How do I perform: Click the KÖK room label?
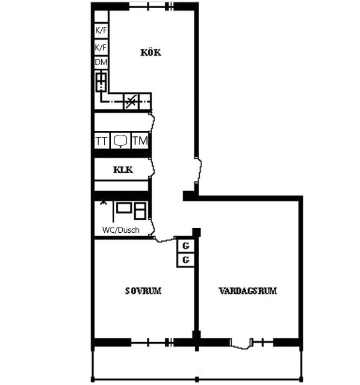click(150, 52)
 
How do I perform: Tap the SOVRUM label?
click(143, 291)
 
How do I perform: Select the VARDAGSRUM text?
click(248, 291)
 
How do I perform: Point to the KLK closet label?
click(123, 170)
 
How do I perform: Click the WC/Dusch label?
click(121, 230)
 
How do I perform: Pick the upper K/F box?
click(101, 30)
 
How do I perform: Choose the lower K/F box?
click(101, 47)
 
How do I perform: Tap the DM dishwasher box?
click(101, 62)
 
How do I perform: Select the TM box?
click(140, 141)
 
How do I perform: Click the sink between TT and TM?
click(121, 141)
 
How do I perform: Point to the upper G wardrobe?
click(186, 246)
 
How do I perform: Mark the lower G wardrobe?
click(186, 260)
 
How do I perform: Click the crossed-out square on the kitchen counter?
click(130, 101)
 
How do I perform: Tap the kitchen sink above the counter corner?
click(101, 82)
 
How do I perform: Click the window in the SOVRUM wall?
click(152, 342)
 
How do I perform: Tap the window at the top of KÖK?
click(151, 6)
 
